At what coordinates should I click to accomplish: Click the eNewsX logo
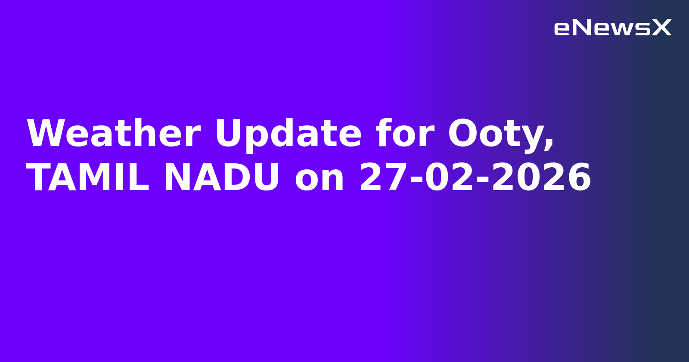612,28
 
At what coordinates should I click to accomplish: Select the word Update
288,134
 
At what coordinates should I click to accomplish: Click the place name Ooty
495,134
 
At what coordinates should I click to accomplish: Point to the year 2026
542,178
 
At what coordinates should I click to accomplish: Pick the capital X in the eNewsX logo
661,28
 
